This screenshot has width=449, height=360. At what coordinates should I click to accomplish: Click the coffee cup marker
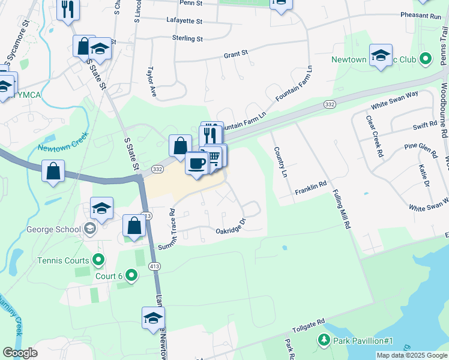(196, 163)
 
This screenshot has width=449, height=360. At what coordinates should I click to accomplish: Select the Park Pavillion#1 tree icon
(324, 341)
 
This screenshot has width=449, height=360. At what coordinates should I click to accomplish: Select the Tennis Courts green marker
(99, 260)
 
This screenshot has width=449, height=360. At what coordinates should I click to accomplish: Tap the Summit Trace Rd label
(166, 230)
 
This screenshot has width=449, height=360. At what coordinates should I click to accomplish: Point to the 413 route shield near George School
(146, 215)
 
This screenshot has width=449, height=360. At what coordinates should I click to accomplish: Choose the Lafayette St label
(184, 20)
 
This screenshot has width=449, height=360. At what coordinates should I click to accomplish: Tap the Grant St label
(235, 54)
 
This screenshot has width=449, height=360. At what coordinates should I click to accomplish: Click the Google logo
(20, 353)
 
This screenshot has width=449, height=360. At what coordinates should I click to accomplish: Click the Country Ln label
(280, 161)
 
